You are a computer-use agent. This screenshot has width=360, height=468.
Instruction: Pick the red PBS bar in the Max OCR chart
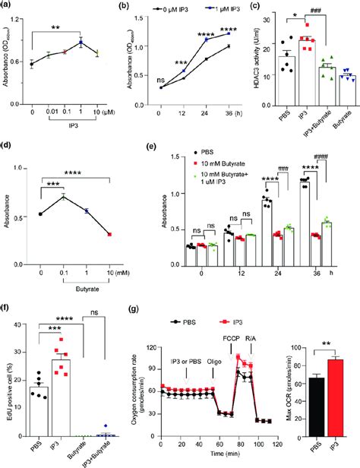(x=309, y=415)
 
